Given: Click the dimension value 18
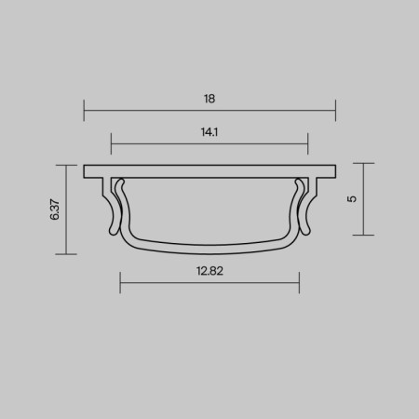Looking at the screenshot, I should tap(209, 97).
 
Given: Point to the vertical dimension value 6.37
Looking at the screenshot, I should tap(55, 209).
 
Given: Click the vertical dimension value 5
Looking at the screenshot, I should tap(351, 199).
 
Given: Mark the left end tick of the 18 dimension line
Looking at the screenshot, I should tap(85, 112).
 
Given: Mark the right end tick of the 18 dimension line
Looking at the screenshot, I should tap(334, 112).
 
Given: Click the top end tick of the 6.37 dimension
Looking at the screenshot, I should tap(67, 166).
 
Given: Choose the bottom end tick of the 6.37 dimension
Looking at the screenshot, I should tap(67, 253).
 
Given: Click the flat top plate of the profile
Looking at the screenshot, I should tap(209, 171).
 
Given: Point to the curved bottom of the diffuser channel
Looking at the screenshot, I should tap(209, 249).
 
